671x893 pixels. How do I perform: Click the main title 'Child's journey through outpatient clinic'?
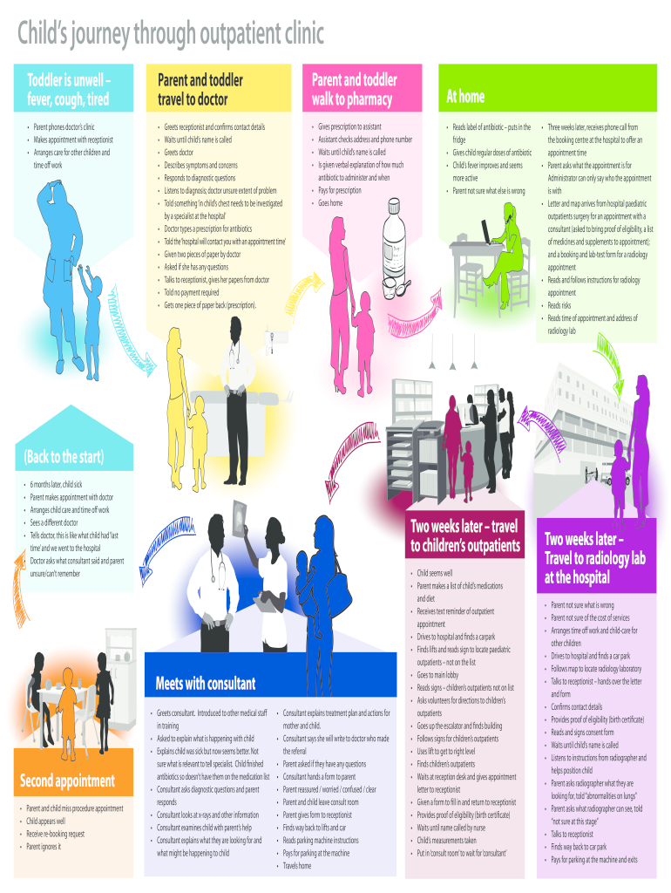click(171, 35)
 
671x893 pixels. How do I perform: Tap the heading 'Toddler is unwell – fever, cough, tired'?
click(68, 89)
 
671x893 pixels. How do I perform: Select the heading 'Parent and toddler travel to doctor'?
click(200, 89)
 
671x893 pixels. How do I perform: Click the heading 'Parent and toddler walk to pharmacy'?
click(353, 89)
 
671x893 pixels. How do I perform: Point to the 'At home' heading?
click(465, 96)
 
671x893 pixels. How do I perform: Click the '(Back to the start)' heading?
click(64, 457)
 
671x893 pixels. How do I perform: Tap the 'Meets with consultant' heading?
click(206, 682)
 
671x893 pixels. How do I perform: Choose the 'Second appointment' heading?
click(67, 781)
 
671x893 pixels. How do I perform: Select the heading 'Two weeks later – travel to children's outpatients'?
click(464, 536)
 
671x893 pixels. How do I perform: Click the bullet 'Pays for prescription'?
click(340, 190)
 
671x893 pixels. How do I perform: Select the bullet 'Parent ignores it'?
click(44, 847)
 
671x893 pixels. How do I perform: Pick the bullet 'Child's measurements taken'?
click(446, 840)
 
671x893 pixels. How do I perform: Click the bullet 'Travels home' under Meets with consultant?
click(298, 866)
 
